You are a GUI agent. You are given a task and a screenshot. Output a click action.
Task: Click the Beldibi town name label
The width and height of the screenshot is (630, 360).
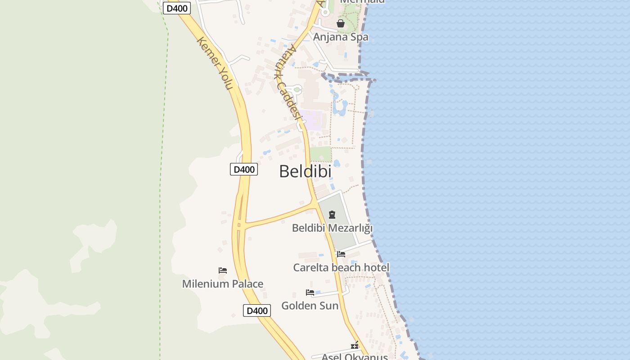click(x=305, y=171)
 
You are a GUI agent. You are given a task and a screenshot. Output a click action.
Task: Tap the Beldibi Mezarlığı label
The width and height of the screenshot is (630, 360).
click(x=332, y=228)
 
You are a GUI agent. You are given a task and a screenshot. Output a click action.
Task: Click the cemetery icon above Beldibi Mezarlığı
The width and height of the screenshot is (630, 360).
click(x=332, y=215)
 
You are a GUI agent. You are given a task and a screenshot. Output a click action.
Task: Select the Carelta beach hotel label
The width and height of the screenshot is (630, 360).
click(x=341, y=268)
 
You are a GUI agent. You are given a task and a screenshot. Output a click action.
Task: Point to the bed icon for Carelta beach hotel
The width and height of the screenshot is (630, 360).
click(x=341, y=254)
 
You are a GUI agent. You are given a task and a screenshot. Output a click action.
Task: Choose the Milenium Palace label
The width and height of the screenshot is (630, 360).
click(x=222, y=284)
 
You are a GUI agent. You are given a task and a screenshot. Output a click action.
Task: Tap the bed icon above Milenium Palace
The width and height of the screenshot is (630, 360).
click(x=222, y=270)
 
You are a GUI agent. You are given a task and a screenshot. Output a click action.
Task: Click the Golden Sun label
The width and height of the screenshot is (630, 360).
click(x=310, y=306)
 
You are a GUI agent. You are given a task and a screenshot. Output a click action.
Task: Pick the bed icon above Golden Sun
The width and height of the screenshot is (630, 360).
click(x=310, y=292)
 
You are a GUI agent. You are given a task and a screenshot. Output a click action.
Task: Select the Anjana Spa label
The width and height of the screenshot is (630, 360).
click(x=341, y=37)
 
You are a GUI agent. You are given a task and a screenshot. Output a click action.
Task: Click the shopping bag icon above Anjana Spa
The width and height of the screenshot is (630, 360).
click(x=341, y=23)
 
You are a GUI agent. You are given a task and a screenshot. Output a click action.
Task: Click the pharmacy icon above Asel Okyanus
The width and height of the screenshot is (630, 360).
click(x=355, y=346)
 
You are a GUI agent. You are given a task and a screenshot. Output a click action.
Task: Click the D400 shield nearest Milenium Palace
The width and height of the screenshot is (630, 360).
click(x=257, y=310)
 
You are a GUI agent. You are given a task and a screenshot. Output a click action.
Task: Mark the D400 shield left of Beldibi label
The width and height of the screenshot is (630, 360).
click(x=244, y=169)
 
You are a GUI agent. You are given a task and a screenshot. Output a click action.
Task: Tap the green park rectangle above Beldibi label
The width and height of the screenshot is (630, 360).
click(x=320, y=154)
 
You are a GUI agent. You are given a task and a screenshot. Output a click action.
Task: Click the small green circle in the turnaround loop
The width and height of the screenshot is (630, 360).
click(x=297, y=90)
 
